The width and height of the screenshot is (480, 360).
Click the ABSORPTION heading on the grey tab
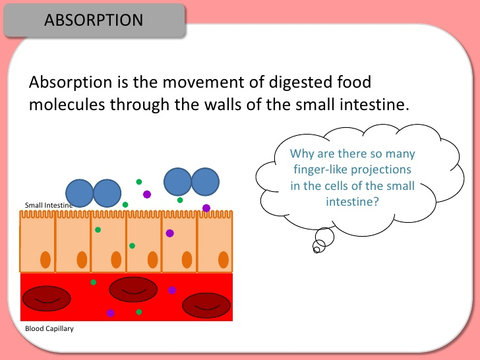pos(94,20)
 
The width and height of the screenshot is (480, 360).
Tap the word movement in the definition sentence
pos(214,82)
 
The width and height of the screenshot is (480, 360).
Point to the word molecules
pos(67,104)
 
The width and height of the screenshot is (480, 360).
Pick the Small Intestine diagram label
pos(49,205)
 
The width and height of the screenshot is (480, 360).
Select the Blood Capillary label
pos(49,329)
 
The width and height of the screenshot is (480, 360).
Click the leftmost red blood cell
pos(47,299)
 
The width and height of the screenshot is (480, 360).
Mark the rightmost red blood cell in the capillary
pos(206,305)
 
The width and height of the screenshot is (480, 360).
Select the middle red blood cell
pos(133,289)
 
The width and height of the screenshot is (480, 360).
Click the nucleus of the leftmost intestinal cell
pos(45,260)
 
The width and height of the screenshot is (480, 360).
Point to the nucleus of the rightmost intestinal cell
pos(224,260)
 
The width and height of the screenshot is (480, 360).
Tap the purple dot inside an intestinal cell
pos(170,233)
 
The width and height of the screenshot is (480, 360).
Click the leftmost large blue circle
pos(80,193)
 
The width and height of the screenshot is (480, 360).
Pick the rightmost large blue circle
pos(206,182)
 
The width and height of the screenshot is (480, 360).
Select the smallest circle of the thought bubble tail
pos(316,250)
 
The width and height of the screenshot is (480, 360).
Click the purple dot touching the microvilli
pos(206,208)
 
